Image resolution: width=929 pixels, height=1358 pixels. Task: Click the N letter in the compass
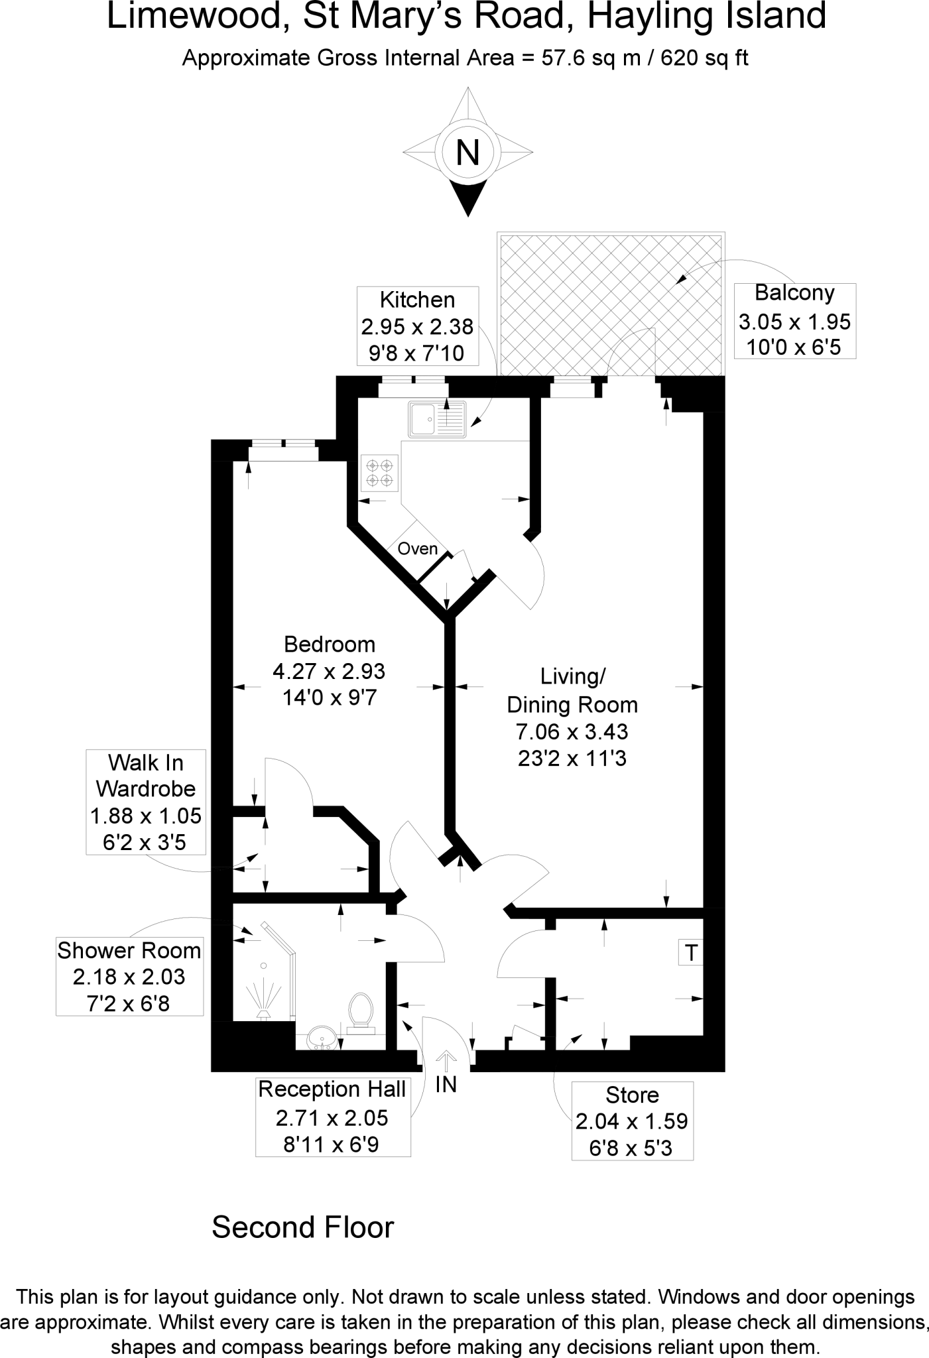click(x=468, y=153)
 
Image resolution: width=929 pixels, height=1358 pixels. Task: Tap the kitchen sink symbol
click(x=437, y=420)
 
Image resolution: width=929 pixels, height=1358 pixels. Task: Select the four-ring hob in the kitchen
click(x=380, y=473)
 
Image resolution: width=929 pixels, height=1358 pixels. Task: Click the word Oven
click(x=418, y=549)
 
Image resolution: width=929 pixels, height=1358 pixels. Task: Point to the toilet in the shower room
click(x=361, y=1012)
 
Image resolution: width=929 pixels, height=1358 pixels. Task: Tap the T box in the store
click(x=691, y=953)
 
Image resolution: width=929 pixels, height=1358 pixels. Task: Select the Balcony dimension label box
click(x=794, y=321)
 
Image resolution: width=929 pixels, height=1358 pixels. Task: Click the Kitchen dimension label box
click(x=417, y=326)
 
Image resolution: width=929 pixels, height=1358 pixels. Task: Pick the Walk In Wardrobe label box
click(x=146, y=802)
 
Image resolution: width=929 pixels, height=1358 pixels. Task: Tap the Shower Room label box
click(x=129, y=977)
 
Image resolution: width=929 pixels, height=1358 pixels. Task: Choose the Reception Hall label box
click(x=332, y=1117)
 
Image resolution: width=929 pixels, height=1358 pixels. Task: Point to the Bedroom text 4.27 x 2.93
click(x=329, y=671)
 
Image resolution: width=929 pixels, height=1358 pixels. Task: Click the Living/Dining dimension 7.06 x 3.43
click(x=572, y=731)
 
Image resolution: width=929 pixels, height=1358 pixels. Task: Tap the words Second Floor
click(x=302, y=1227)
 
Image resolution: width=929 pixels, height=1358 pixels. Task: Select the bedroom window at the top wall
click(x=282, y=450)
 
